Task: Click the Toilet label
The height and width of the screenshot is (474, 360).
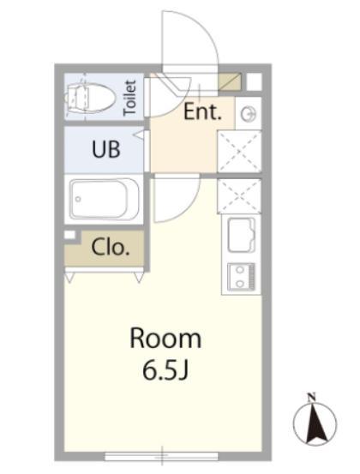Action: (x=130, y=98)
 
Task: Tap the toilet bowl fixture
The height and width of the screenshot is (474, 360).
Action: (x=91, y=98)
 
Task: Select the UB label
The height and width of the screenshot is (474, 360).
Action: (x=105, y=149)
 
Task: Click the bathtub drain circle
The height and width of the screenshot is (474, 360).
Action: (x=78, y=199)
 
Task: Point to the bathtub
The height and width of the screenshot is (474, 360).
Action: (x=104, y=199)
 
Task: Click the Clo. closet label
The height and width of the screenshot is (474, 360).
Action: (x=111, y=248)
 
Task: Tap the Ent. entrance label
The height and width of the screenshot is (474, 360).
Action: (x=202, y=111)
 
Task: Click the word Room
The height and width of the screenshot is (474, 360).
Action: (x=165, y=339)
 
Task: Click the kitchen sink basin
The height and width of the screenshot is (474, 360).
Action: (x=241, y=235)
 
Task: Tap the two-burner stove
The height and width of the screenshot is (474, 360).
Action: (x=241, y=276)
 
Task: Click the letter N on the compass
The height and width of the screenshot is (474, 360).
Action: (x=311, y=397)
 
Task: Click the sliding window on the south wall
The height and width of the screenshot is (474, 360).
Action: (x=161, y=456)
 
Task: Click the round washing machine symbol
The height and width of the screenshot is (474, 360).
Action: (x=249, y=114)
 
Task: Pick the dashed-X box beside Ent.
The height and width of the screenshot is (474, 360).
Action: (x=239, y=151)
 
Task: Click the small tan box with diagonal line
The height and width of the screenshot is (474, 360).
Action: (x=230, y=81)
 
